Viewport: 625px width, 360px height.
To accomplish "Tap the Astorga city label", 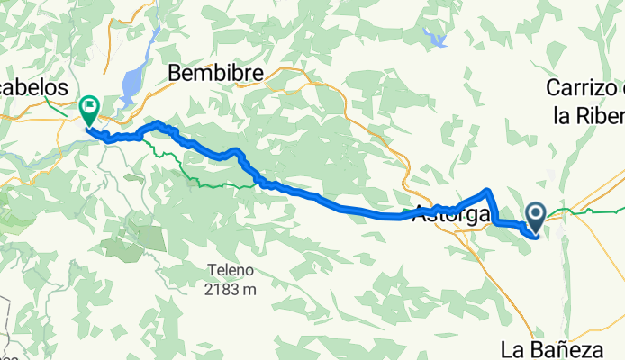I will pyautogui.click(x=451, y=216).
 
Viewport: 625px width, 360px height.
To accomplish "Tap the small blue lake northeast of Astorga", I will pyautogui.click(x=439, y=40).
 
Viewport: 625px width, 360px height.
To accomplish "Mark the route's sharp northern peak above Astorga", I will pyautogui.click(x=487, y=190).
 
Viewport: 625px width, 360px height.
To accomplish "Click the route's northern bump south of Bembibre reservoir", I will pyautogui.click(x=158, y=122).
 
